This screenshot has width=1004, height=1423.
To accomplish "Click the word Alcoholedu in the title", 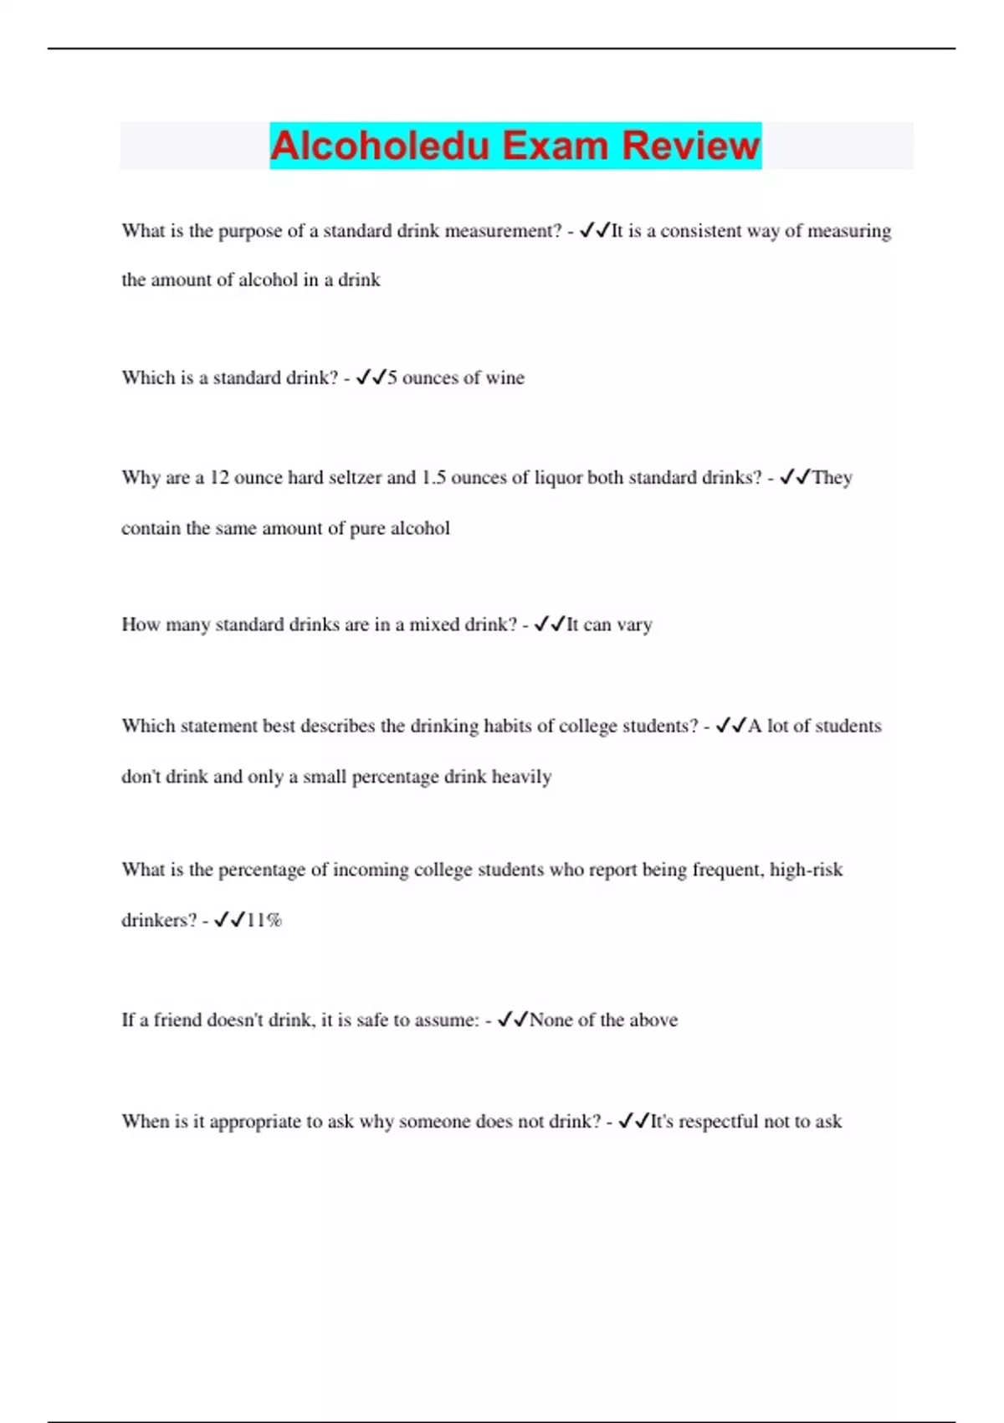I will [x=379, y=146].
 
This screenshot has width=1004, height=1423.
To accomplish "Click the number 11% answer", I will [x=264, y=920].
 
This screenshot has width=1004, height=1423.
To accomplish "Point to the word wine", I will [x=505, y=378].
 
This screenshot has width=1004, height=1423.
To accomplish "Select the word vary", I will [x=634, y=624].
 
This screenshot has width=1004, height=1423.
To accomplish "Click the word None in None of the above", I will [x=551, y=1020].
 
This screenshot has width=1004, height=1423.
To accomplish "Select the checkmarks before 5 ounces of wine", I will [x=370, y=378].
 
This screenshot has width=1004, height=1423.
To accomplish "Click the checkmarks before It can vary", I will [x=550, y=624].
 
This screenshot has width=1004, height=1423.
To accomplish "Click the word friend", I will [x=177, y=1020].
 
